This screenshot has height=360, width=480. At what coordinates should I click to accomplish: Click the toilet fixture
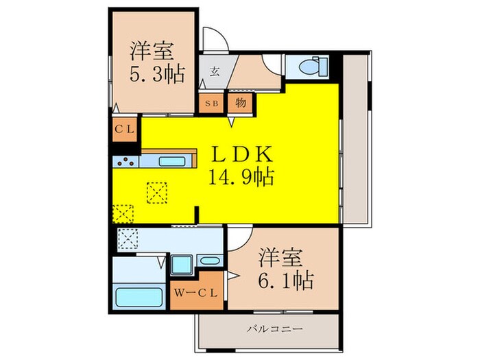point(313,67)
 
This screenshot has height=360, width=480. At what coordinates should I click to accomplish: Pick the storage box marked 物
point(241,103)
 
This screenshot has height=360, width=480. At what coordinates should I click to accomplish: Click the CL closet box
point(125,128)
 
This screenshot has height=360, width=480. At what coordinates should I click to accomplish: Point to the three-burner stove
point(126,163)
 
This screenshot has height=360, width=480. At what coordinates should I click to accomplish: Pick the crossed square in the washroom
point(128,239)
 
